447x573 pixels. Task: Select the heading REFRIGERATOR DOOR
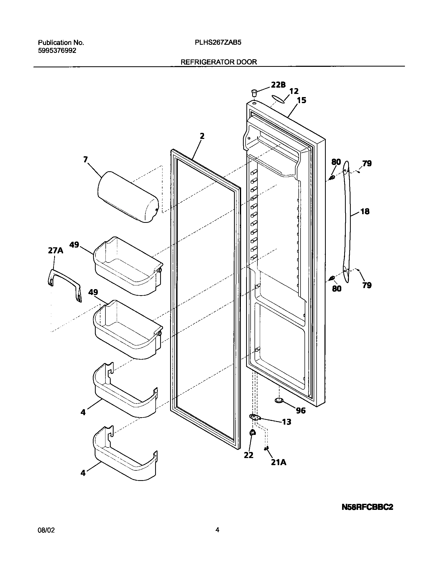click(219, 62)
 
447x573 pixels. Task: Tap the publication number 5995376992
click(57, 51)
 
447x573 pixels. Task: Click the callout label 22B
click(278, 84)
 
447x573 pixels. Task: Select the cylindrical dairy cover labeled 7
click(128, 197)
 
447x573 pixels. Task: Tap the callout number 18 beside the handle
click(365, 211)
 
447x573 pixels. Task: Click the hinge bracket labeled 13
click(254, 417)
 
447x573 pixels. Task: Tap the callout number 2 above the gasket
click(202, 136)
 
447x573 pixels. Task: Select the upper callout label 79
click(367, 163)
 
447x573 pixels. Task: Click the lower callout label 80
click(337, 289)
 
